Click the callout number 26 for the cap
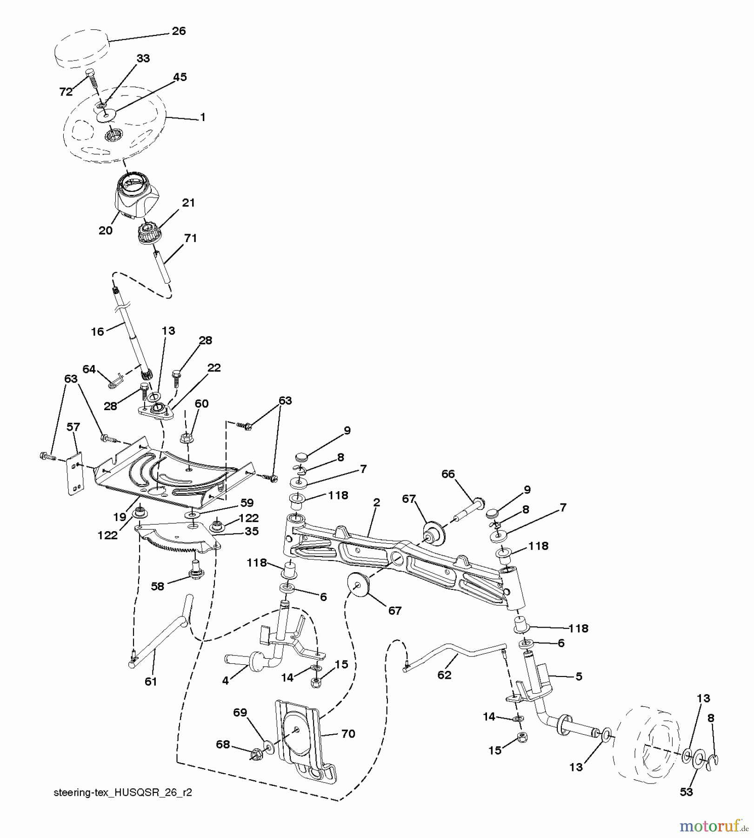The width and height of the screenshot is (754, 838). coord(179,31)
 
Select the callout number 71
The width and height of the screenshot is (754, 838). coord(190,238)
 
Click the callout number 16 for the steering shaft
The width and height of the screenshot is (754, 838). coord(97,332)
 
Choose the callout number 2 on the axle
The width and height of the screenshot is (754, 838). coord(376,502)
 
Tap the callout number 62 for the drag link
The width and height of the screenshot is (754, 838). coord(444,675)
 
